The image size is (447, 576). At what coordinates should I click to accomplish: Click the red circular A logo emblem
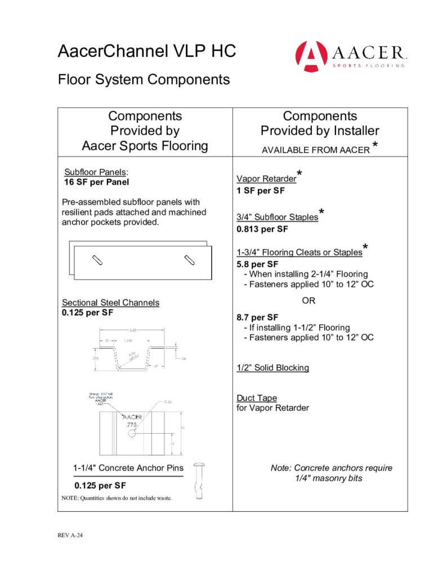[x=311, y=56]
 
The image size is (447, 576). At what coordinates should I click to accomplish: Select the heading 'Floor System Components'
[x=144, y=79]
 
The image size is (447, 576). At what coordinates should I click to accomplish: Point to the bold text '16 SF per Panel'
[x=97, y=182]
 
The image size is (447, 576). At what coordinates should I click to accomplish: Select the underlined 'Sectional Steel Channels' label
[x=110, y=303]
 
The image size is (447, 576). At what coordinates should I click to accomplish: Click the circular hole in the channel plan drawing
[x=132, y=434]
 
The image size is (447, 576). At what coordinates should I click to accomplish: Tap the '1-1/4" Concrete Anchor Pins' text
[x=128, y=468]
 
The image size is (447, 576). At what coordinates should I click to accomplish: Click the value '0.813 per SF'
[x=262, y=229]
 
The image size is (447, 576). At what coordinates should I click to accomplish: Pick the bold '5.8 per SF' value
[x=257, y=264]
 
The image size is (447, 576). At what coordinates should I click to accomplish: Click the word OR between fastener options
[x=309, y=301]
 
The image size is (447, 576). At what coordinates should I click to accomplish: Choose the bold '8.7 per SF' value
[x=257, y=317]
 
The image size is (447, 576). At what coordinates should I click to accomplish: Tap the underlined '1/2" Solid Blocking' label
[x=272, y=368]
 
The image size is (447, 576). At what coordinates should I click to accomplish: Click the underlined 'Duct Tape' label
[x=256, y=398]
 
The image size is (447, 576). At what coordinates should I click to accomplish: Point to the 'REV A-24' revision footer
[x=70, y=535]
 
